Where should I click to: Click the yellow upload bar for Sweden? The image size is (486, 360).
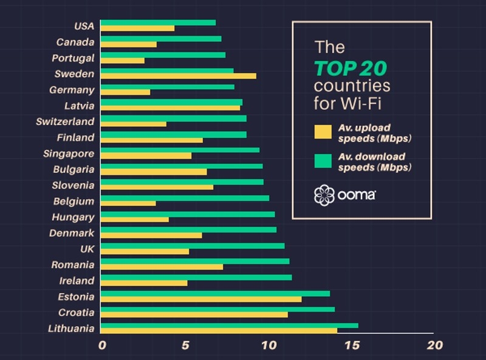(177, 76)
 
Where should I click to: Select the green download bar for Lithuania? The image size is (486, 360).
(228, 325)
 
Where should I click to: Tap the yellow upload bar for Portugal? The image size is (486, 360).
(122, 60)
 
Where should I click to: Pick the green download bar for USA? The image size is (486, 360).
(157, 22)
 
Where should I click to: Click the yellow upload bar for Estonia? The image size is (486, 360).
(200, 299)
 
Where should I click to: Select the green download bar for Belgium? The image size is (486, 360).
(184, 198)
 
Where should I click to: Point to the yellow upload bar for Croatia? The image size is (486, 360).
(193, 314)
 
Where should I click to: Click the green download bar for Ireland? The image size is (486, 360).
(196, 277)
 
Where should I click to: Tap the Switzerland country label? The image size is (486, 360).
(65, 121)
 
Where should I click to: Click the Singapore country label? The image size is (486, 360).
(69, 154)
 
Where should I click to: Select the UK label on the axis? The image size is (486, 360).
(86, 249)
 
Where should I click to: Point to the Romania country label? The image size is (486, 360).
(73, 265)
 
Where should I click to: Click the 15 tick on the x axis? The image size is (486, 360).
(351, 345)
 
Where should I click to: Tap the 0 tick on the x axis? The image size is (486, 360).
(102, 345)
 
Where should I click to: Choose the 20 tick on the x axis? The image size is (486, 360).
(434, 345)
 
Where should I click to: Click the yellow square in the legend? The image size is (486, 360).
(323, 132)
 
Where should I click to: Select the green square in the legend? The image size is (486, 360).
(323, 161)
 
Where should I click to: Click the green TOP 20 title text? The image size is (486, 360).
(351, 67)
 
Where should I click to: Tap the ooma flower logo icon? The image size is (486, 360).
(324, 195)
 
